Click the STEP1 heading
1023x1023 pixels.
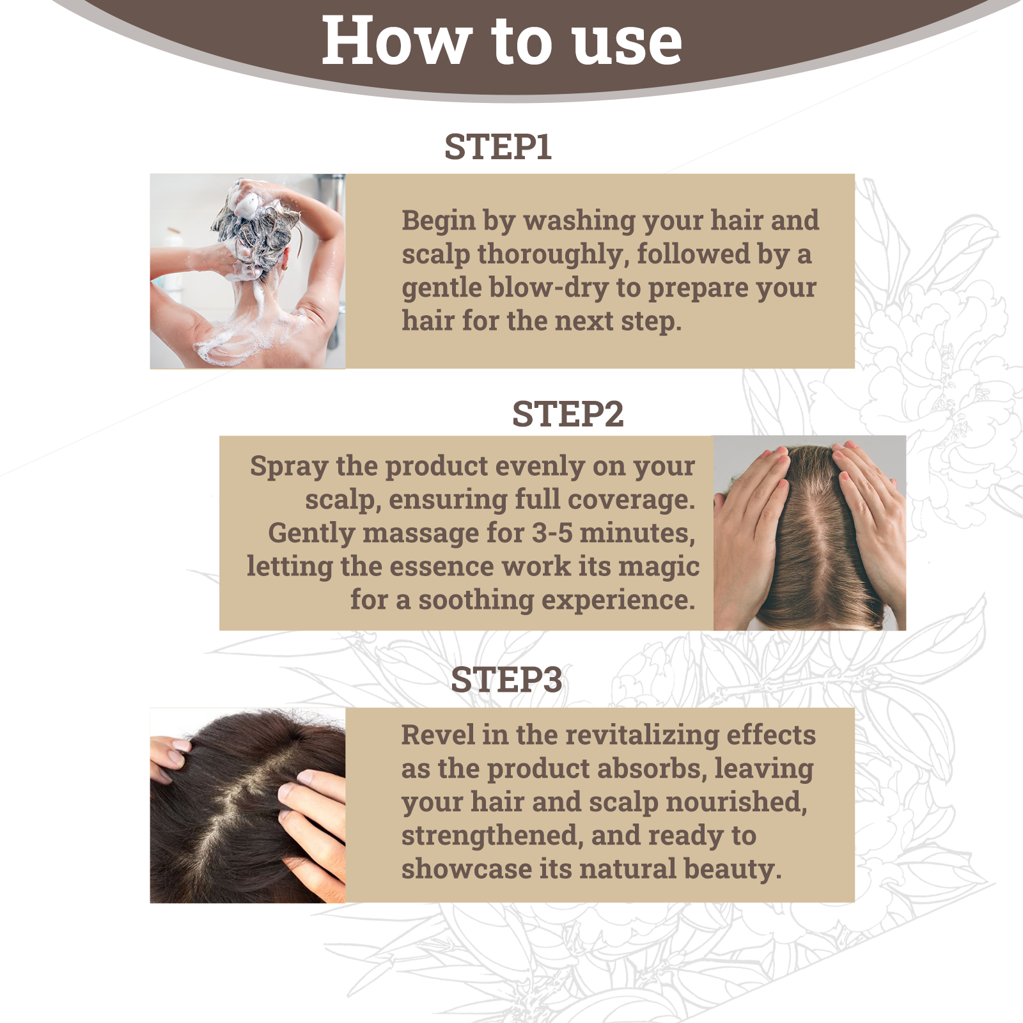pyautogui.click(x=497, y=147)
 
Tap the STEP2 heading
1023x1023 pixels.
pyautogui.click(x=567, y=414)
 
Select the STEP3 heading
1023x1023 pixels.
pyautogui.click(x=506, y=680)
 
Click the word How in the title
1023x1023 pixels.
pyautogui.click(x=396, y=42)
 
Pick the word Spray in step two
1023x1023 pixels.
pyautogui.click(x=288, y=467)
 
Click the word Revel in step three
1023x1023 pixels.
pyautogui.click(x=438, y=735)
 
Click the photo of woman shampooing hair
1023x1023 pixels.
pyautogui.click(x=247, y=271)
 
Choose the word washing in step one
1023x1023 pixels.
pyautogui.click(x=579, y=221)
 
